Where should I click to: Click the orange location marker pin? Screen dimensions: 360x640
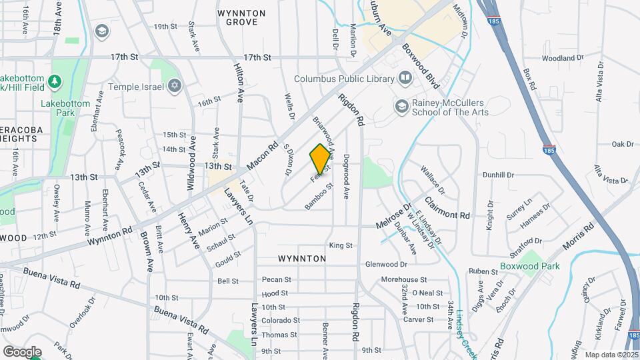pos(320,159)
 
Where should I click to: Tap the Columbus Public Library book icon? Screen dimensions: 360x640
pos(405,79)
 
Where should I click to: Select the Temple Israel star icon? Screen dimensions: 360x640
pos(175,86)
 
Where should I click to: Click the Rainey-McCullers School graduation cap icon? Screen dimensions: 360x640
pos(401,105)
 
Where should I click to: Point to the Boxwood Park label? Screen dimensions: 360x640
pos(530,266)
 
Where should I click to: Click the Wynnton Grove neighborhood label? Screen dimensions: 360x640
pos(241,18)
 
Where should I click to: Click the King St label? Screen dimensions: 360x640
pos(340,245)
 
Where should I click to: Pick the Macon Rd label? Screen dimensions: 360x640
pos(261,157)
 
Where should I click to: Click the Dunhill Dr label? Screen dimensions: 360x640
pos(499,175)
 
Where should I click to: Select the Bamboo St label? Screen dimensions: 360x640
pos(318,199)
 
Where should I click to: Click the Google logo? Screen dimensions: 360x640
pos(22,351)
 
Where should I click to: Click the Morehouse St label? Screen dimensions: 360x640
pos(404,280)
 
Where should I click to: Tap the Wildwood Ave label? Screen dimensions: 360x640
pos(191,169)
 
